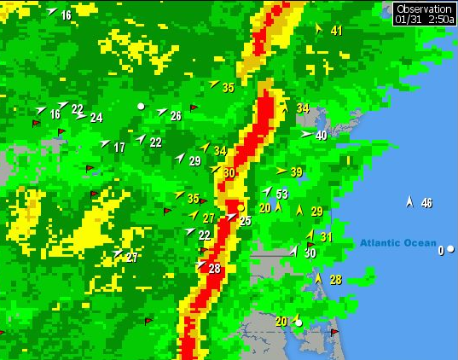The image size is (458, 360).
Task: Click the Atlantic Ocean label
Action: (x=397, y=243)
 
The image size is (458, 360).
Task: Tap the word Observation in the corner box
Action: (x=424, y=8)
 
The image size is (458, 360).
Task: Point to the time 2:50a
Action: (x=440, y=19)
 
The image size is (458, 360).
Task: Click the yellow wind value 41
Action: (x=336, y=32)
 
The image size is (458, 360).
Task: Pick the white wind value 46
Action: (x=426, y=203)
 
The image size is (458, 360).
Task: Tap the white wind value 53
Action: (x=281, y=195)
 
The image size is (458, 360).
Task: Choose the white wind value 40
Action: (x=321, y=135)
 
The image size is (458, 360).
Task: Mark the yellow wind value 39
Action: (x=296, y=172)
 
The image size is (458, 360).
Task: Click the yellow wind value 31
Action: (x=326, y=237)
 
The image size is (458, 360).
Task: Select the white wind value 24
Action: (x=96, y=118)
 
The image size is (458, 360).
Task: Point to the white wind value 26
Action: (x=176, y=116)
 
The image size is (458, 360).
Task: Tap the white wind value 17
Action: (x=119, y=148)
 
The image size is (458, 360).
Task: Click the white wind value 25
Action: (x=246, y=221)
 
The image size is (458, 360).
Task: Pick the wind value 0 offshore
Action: (x=441, y=251)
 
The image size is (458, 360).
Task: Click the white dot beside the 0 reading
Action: (x=451, y=251)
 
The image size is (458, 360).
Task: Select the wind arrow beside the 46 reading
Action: (x=409, y=201)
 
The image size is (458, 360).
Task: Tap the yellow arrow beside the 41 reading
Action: (x=319, y=28)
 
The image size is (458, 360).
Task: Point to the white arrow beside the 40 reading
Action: (x=306, y=134)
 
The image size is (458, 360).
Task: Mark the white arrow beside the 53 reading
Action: (x=266, y=191)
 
